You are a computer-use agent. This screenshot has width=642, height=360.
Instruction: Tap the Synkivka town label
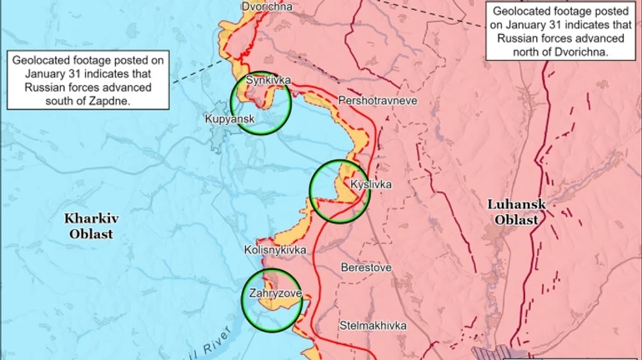[x=268, y=80]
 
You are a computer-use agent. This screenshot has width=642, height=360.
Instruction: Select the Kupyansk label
[x=228, y=119]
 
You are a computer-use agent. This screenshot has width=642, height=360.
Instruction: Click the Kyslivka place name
[x=369, y=184]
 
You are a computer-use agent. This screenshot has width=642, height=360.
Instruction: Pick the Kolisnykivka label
[x=275, y=249]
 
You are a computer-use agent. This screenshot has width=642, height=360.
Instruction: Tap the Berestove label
[x=365, y=267]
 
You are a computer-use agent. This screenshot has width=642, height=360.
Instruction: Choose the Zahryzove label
[x=274, y=293]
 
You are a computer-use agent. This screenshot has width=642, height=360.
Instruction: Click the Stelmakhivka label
[x=372, y=324]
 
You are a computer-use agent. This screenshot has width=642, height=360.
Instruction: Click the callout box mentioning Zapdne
[x=88, y=80]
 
